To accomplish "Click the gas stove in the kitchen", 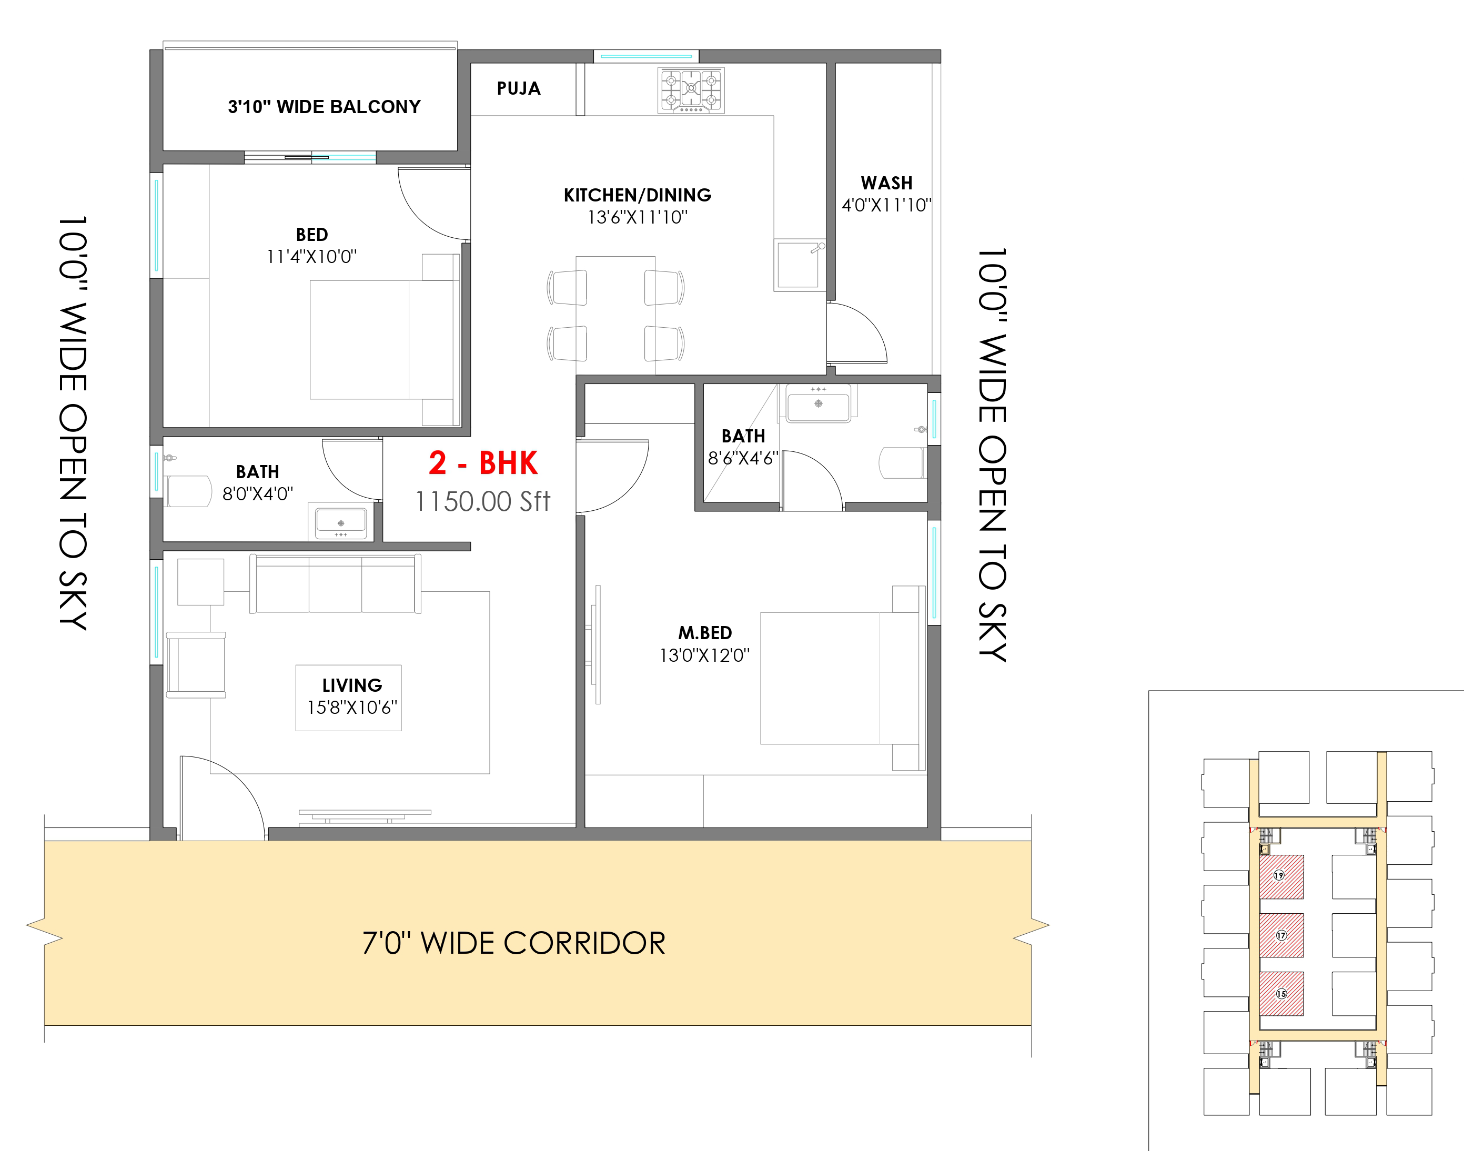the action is [x=691, y=90].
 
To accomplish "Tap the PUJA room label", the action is [x=518, y=88].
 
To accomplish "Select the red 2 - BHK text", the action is [x=483, y=463].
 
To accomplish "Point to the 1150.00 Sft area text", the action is [x=482, y=501].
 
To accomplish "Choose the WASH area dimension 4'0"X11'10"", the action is [x=886, y=205].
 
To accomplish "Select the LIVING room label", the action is [x=352, y=685].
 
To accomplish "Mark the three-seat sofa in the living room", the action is [x=335, y=583].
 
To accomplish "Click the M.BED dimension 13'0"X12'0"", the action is [x=704, y=655].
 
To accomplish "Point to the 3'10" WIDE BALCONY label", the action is [x=324, y=106].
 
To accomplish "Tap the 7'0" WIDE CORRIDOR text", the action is [x=513, y=943].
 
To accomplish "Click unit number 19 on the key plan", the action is [x=1279, y=875].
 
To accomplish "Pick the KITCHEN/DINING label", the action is [x=638, y=195].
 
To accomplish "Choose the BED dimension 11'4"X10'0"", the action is [x=311, y=257].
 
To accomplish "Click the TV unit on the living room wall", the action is [x=365, y=816].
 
